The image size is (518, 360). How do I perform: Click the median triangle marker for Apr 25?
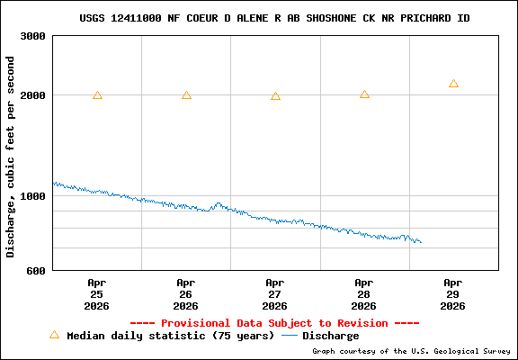(x=97, y=94)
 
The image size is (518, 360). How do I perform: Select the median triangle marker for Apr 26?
(x=186, y=94)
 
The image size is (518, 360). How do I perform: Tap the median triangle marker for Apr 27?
(x=275, y=95)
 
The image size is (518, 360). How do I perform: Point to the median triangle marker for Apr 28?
(x=364, y=94)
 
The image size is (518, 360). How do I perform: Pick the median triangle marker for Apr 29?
(x=453, y=84)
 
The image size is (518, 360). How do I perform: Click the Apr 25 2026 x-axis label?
(x=97, y=294)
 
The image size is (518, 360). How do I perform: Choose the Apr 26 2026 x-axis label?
(x=186, y=294)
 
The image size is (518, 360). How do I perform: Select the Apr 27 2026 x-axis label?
(x=275, y=294)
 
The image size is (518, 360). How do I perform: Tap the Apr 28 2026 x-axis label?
(x=364, y=294)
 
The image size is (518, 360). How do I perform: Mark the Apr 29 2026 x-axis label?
(x=453, y=294)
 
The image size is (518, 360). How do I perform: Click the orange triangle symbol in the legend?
(x=54, y=335)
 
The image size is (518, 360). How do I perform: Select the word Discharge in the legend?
(x=330, y=336)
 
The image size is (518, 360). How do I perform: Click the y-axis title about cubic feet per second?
(x=11, y=157)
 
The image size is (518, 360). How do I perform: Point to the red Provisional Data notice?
(x=274, y=322)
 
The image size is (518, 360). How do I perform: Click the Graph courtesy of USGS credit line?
(x=411, y=351)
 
